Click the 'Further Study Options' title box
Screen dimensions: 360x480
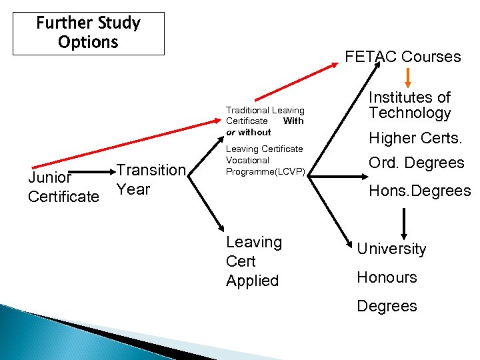coord(89,33)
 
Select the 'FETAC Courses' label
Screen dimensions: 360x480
coord(403,57)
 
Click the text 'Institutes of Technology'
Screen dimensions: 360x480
coord(410,105)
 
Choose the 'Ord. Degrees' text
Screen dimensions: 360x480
coord(417,163)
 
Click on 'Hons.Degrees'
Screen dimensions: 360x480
coord(420,191)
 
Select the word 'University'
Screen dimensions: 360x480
coord(391,249)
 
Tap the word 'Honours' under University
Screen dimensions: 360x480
coord(387,277)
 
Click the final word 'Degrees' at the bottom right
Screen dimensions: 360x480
coord(387,306)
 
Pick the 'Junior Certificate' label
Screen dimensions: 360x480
coord(63,187)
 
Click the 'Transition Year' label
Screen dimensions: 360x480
coord(151,180)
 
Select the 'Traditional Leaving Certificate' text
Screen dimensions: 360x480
coord(265,115)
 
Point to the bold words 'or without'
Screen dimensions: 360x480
coord(249,132)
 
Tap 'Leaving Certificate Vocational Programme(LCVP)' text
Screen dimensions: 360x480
coord(265,160)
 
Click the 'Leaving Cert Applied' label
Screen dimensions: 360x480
coord(254,261)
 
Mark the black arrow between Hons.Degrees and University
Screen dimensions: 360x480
coord(404,222)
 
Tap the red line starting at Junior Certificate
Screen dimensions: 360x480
coord(80,153)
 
